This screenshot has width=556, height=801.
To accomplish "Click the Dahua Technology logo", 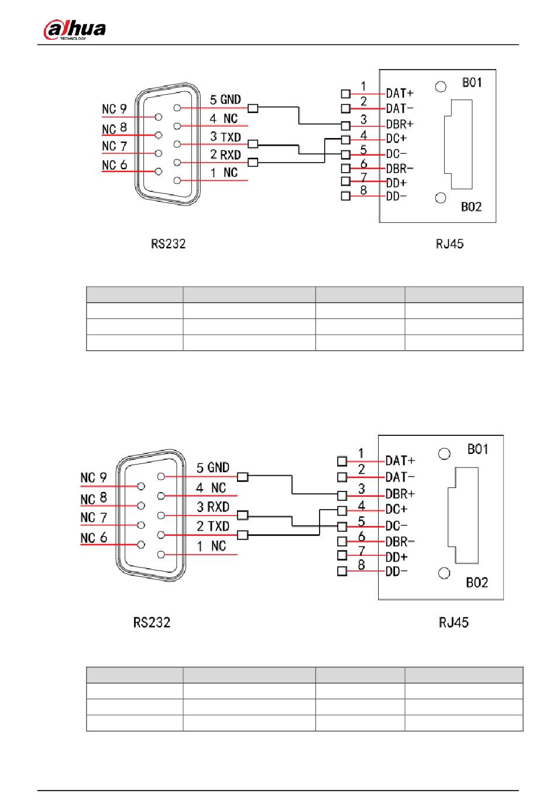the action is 74,29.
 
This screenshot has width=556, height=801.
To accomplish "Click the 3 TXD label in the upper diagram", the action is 225,136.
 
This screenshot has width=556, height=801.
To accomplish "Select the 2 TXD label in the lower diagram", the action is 213,526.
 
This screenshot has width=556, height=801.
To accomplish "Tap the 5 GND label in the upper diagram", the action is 225,99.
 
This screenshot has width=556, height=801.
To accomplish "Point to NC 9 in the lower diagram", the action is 94,477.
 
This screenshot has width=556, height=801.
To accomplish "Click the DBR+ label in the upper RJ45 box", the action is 400,124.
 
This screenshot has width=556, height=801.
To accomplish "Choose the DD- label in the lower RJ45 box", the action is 396,572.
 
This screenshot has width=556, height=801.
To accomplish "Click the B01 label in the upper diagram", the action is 472,82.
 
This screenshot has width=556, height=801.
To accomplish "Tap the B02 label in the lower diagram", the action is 477,583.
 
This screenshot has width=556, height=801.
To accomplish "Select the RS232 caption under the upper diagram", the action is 168,244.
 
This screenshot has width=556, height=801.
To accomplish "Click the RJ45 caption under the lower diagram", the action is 454,622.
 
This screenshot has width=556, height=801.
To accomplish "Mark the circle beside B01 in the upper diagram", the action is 441,87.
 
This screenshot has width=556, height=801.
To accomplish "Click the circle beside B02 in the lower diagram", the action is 444,573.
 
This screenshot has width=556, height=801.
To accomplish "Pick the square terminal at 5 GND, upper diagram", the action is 253,108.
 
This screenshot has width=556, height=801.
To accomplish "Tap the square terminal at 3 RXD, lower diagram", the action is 242,515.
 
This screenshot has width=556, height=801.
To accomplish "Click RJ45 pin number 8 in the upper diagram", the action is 363,190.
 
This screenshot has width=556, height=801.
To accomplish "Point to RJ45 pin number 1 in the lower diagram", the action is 361,453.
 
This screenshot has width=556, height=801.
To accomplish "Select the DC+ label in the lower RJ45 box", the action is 396,509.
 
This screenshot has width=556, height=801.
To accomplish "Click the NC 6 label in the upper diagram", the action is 115,165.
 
